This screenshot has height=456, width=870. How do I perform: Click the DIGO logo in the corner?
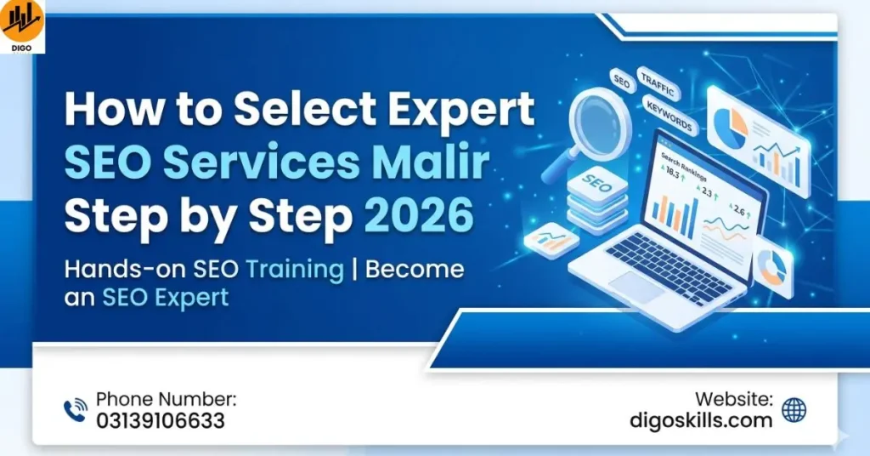(22, 26)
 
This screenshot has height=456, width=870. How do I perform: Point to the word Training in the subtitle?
(294, 270)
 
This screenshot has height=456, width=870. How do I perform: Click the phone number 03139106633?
(161, 420)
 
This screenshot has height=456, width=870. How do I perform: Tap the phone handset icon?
(76, 411)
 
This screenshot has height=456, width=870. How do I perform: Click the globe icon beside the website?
(794, 410)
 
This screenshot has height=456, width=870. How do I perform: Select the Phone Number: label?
(167, 398)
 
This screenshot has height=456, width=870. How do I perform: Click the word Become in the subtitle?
(414, 270)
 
